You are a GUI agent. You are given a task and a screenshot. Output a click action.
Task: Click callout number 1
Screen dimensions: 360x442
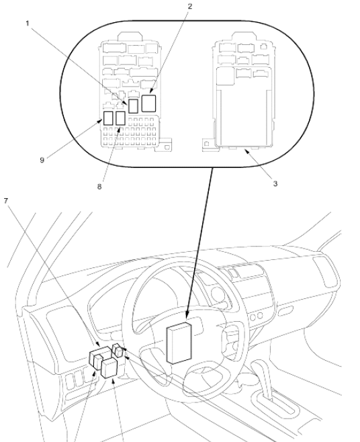click(28, 24)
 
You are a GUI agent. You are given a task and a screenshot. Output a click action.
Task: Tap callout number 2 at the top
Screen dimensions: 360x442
click(189, 6)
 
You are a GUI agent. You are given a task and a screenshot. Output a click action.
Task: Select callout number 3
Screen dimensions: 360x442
click(275, 184)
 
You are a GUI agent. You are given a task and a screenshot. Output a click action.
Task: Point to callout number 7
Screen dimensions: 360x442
click(6, 201)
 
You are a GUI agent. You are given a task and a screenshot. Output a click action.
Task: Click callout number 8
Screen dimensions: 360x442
click(99, 187)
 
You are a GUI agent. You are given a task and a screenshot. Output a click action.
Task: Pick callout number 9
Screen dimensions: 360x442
click(42, 160)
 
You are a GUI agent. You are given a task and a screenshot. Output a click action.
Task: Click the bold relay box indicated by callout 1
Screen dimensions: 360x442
click(133, 105)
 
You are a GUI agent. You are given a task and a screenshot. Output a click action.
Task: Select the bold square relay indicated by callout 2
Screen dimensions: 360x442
click(148, 103)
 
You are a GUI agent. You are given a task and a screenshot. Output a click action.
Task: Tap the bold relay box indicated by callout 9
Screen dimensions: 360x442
click(108, 118)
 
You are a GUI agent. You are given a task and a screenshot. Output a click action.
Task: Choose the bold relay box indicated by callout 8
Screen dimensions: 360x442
click(120, 118)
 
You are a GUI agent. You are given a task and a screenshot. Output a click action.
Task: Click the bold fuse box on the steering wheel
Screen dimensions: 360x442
click(179, 343)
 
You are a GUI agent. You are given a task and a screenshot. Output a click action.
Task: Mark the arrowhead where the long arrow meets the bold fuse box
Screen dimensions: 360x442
click(187, 316)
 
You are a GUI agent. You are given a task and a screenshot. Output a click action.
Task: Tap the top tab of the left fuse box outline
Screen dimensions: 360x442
click(130, 37)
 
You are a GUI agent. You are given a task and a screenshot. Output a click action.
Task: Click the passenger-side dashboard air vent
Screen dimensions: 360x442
click(325, 271)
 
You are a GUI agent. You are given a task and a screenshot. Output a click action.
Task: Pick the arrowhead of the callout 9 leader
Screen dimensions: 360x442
click(100, 121)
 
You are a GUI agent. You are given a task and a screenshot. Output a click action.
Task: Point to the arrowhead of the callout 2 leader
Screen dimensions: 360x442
click(151, 91)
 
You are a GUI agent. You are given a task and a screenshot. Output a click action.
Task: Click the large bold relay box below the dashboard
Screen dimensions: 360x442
click(109, 367)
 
